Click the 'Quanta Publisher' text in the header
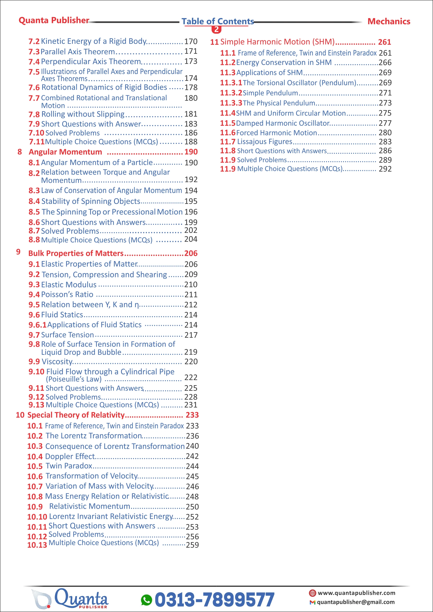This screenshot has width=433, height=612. pyautogui.click(x=54, y=20)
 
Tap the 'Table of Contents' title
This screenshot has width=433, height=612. pyautogui.click(x=218, y=21)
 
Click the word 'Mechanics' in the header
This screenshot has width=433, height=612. pyautogui.click(x=389, y=21)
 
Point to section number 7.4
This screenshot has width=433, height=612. pyautogui.click(x=34, y=62)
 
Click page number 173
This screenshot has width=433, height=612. pyautogui.click(x=191, y=61)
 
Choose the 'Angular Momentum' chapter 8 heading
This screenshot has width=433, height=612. pyautogui.click(x=65, y=152)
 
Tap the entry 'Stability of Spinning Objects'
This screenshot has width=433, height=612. pyautogui.click(x=91, y=201)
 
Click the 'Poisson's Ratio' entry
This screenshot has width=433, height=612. pyautogui.click(x=67, y=295)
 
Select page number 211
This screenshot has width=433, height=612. pyautogui.click(x=191, y=295)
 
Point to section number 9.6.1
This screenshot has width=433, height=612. pyautogui.click(x=38, y=325)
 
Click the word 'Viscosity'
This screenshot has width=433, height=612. pyautogui.click(x=57, y=362)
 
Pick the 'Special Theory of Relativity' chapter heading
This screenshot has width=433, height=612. pyautogui.click(x=76, y=415)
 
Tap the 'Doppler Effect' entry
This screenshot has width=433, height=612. pyautogui.click(x=70, y=456)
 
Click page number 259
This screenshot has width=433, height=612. pyautogui.click(x=192, y=545)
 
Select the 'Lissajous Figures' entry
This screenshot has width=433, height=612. pyautogui.click(x=265, y=142)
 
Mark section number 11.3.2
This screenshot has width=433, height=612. pyautogui.click(x=231, y=93)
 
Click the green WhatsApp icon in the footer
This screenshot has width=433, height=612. pyautogui.click(x=146, y=600)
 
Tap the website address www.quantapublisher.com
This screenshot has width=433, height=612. pyautogui.click(x=356, y=593)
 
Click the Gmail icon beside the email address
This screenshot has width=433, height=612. pyautogui.click(x=312, y=602)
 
